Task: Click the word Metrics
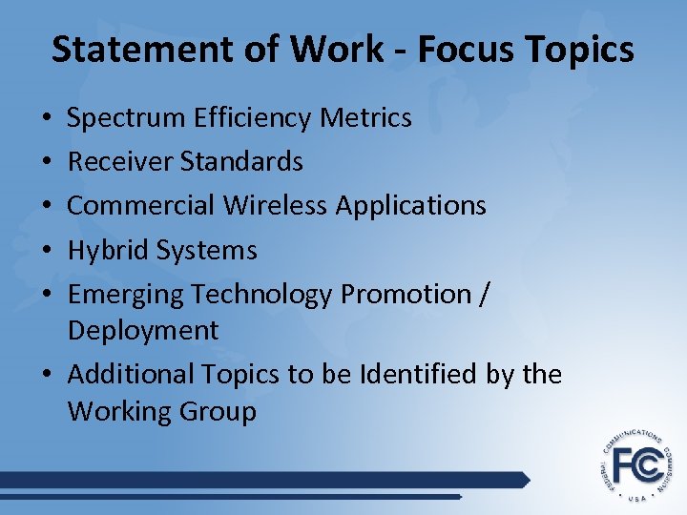367,118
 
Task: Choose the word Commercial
141,205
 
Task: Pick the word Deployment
143,331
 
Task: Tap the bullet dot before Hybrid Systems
47,252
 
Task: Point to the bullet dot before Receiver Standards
47,163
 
